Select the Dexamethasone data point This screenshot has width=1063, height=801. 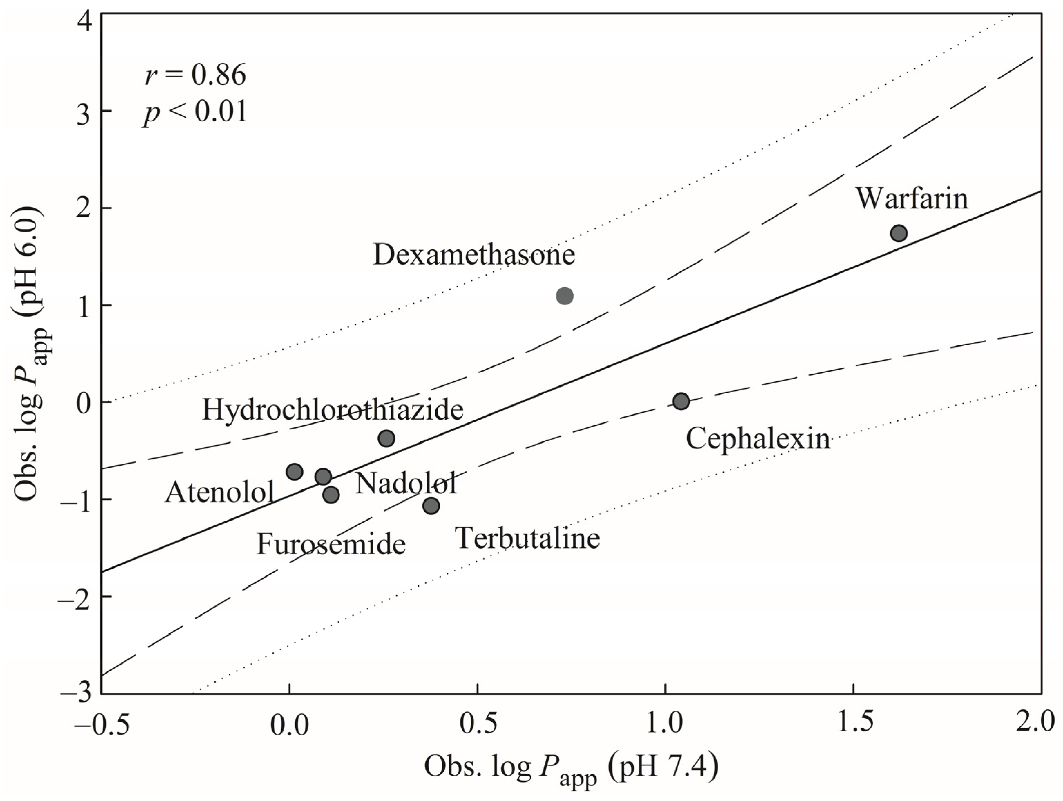pyautogui.click(x=565, y=296)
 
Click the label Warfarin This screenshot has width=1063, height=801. pyautogui.click(x=912, y=199)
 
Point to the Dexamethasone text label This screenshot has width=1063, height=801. pyautogui.click(x=474, y=255)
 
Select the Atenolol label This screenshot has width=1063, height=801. pyautogui.click(x=220, y=492)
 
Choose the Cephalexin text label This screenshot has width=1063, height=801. pyautogui.click(x=757, y=439)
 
